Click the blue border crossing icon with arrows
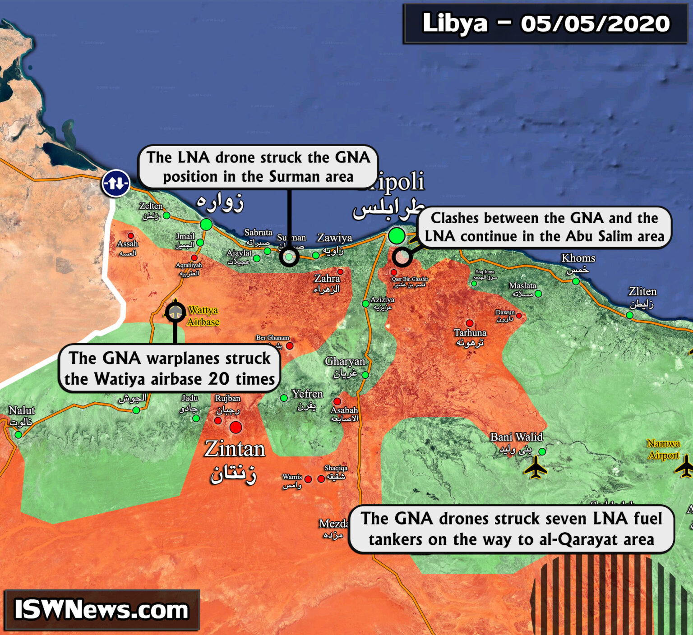coord(116,183)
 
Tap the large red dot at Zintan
coord(236,427)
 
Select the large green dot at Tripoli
coord(397,235)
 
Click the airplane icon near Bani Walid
coord(536,467)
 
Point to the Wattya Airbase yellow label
coord(203,316)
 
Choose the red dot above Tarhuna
coord(470,323)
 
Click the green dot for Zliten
coord(629,315)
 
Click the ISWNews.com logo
coord(102,610)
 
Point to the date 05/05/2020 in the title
coord(595,23)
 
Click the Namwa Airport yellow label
coord(663,449)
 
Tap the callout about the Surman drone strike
coord(258,167)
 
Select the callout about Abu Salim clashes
coord(545,227)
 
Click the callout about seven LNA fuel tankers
coord(511,529)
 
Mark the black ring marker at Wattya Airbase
coord(175,312)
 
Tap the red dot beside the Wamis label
coord(308,479)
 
